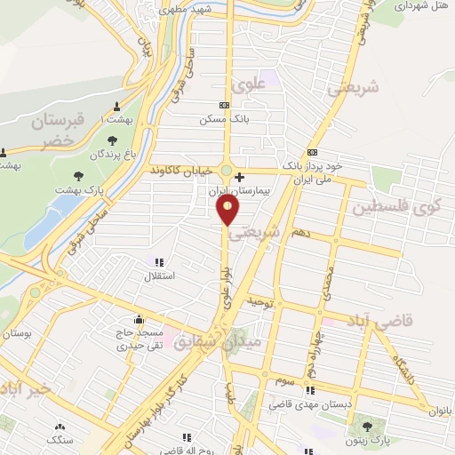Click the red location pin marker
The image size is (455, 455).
pyautogui.click(x=228, y=209)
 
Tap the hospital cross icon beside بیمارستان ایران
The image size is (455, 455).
pyautogui.click(x=239, y=176)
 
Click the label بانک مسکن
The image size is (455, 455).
pyautogui.click(x=224, y=118)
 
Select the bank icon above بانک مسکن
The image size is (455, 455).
pyautogui.click(x=224, y=105)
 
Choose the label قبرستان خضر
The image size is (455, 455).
pyautogui.click(x=57, y=130)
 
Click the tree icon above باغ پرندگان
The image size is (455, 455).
pyautogui.click(x=112, y=140)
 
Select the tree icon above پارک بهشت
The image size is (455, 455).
pyautogui.click(x=78, y=175)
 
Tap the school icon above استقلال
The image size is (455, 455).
pyautogui.click(x=159, y=262)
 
